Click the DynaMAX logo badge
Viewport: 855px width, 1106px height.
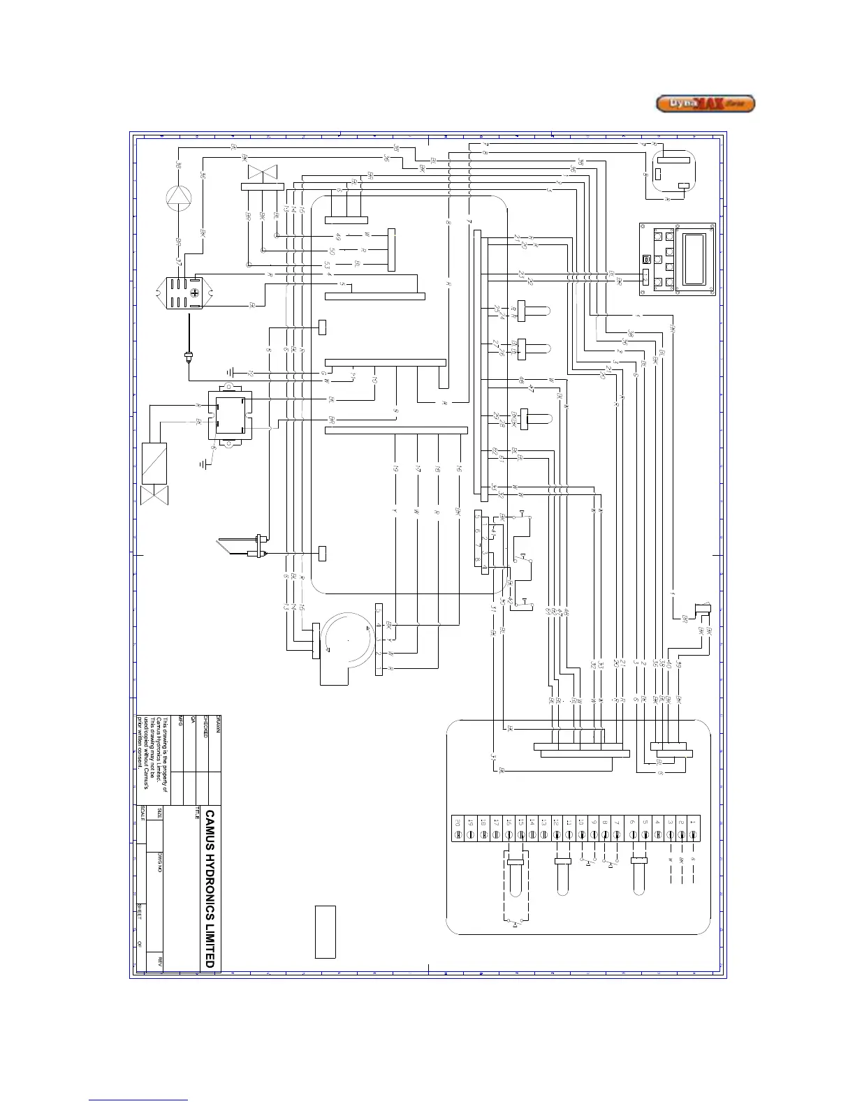pyautogui.click(x=706, y=104)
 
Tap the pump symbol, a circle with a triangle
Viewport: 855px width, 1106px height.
pyautogui.click(x=179, y=198)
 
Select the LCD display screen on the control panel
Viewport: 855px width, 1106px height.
pyautogui.click(x=694, y=260)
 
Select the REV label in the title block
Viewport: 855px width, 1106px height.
pyautogui.click(x=161, y=961)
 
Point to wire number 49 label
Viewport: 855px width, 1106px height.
pyautogui.click(x=339, y=237)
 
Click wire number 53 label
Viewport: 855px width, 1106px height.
pyautogui.click(x=327, y=265)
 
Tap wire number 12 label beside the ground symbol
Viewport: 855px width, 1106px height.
pyautogui.click(x=251, y=374)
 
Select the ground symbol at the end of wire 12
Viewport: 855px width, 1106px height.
pyautogui.click(x=231, y=374)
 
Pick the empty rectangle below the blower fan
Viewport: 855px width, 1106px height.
pyautogui.click(x=326, y=931)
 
